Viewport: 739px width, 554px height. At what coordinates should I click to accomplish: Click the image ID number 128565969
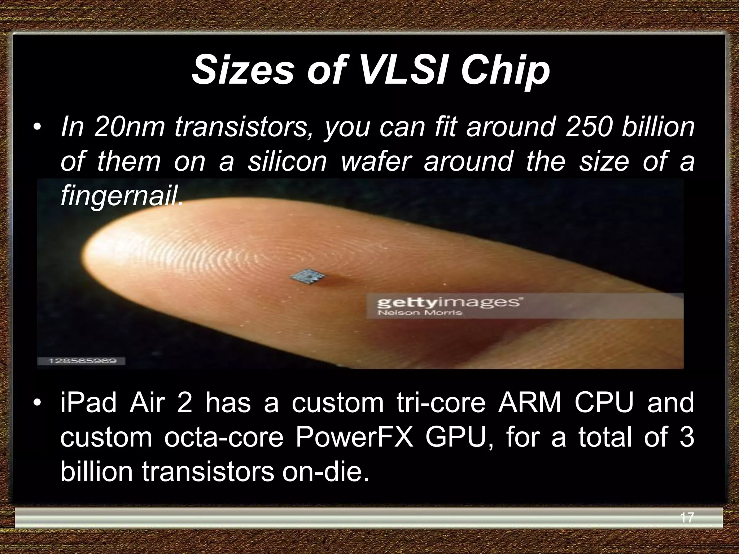coord(82,361)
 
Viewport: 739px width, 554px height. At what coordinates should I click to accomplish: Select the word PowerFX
coord(354,438)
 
